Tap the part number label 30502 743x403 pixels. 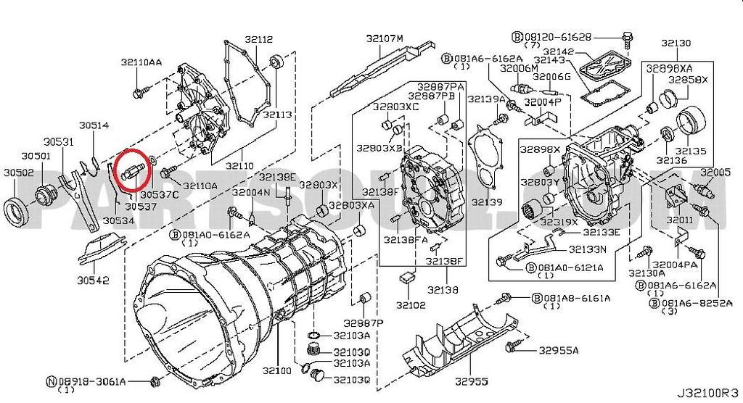[18, 173]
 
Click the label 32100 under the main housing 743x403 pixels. [278, 371]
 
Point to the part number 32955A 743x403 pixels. [559, 351]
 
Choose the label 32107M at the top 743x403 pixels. [384, 38]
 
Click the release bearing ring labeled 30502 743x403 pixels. [19, 209]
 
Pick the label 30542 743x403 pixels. [94, 279]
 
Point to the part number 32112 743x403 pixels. [258, 39]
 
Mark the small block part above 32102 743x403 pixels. [407, 277]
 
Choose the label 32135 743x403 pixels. [691, 151]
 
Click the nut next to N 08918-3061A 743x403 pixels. [154, 381]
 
